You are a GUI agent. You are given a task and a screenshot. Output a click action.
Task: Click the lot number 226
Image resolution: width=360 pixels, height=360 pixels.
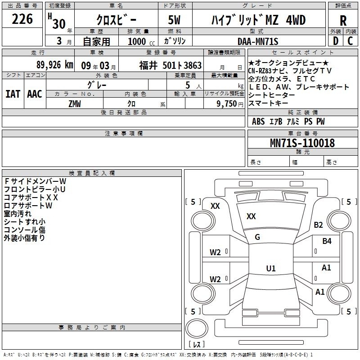[x=22, y=19]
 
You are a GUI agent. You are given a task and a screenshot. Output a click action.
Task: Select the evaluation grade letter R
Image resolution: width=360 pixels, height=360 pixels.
[x=343, y=21]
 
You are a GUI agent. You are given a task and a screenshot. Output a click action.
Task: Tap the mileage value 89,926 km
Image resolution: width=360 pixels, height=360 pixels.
[x=54, y=65]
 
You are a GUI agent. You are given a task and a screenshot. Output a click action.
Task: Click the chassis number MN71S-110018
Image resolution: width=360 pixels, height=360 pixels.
[x=302, y=143]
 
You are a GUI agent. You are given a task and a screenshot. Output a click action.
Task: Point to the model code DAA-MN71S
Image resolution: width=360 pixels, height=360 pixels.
[x=258, y=41]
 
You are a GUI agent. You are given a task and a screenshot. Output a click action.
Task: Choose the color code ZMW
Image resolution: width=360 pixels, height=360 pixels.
[x=75, y=104]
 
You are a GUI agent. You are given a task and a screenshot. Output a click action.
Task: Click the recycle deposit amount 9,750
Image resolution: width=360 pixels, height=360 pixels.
[x=227, y=104]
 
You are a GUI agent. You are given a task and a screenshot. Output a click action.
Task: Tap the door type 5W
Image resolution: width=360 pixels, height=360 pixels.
[x=174, y=20]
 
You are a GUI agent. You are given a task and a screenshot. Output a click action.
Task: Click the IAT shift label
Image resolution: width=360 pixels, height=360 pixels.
[x=13, y=94]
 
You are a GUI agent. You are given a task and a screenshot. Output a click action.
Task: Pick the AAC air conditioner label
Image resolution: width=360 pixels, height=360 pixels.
[x=35, y=94]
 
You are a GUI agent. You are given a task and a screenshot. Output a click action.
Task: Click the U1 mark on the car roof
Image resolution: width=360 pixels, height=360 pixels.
[x=271, y=268]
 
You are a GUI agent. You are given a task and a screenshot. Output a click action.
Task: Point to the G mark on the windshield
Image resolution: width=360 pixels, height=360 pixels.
[x=257, y=237]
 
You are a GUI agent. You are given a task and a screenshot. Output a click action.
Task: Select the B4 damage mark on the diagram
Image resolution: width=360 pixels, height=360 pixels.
[x=327, y=241]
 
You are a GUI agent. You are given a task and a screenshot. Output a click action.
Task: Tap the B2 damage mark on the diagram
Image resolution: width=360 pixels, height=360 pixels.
[x=318, y=225]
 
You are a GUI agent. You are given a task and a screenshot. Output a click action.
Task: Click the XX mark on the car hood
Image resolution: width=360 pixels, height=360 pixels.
[x=251, y=216]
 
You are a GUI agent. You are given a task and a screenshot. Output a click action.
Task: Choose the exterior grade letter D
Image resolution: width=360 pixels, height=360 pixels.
[x=336, y=41]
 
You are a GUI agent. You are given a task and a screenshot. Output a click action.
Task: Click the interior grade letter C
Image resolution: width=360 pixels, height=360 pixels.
[x=350, y=41]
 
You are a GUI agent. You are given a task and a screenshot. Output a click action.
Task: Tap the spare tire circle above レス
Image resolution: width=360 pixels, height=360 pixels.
[x=197, y=328]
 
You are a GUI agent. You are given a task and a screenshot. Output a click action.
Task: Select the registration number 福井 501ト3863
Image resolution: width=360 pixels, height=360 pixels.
[x=171, y=65]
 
